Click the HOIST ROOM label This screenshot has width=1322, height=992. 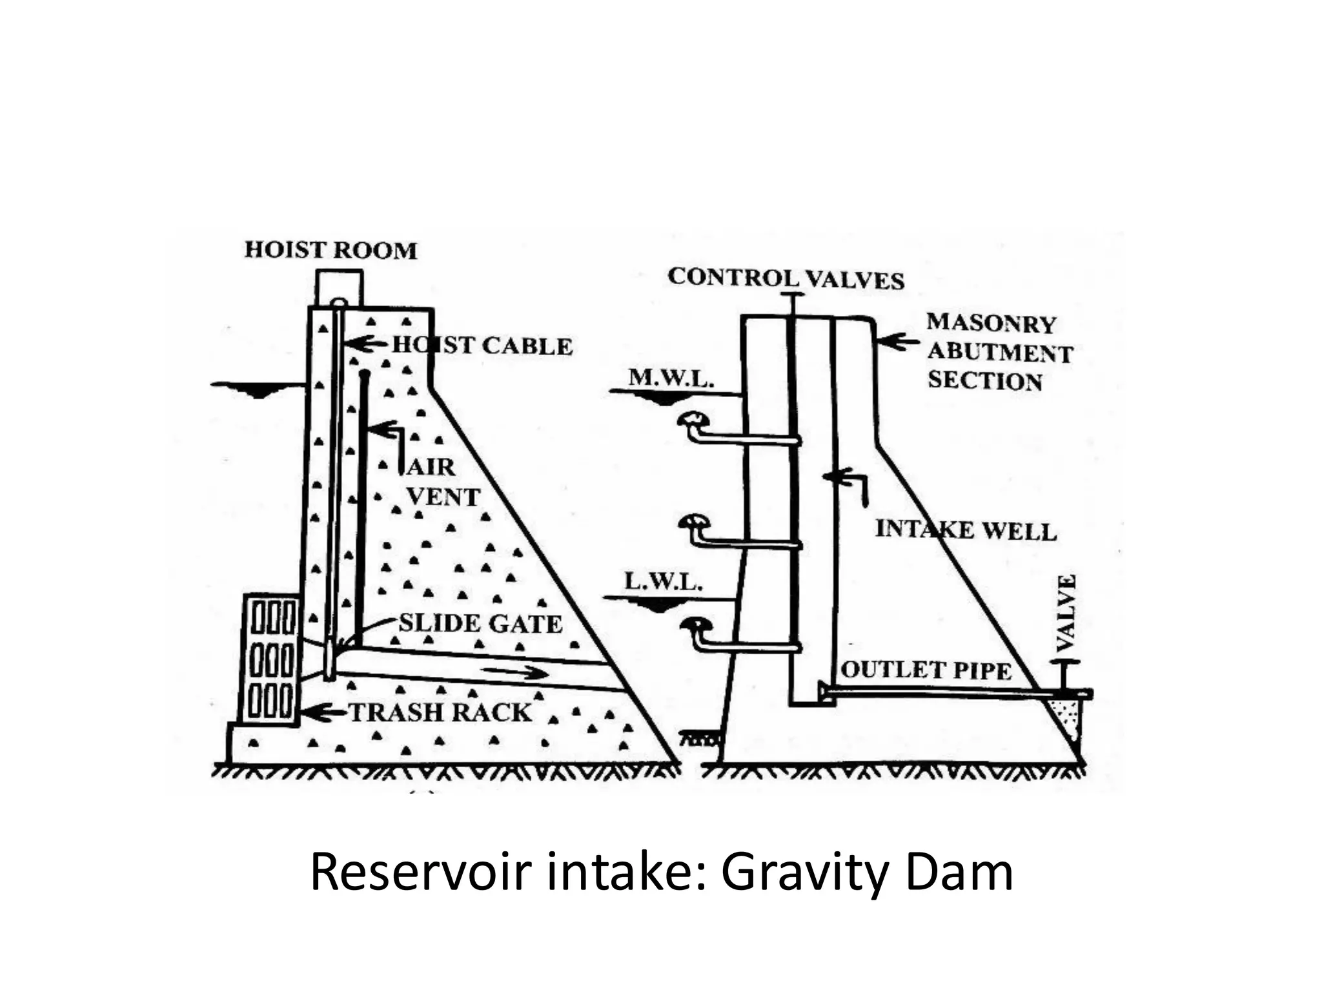pos(330,250)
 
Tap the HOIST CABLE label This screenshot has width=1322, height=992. pos(482,346)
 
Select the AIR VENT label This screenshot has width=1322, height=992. pos(442,482)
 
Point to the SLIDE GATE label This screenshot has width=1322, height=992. pos(480,623)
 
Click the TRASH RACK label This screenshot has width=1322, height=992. pos(440,712)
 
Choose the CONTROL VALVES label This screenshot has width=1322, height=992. pos(786,278)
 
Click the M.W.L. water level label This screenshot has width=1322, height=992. pos(671,377)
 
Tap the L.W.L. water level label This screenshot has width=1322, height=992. pos(663,583)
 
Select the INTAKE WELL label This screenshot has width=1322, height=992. pos(966,530)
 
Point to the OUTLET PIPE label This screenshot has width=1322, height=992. pos(926,670)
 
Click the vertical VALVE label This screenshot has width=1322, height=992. pos(1066,613)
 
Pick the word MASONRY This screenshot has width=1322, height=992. pos(991,324)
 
